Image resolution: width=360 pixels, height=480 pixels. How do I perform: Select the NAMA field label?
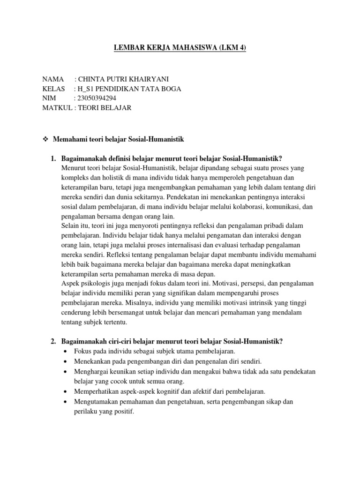pos(52,79)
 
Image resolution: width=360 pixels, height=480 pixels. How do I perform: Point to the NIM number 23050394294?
pos(97,98)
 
